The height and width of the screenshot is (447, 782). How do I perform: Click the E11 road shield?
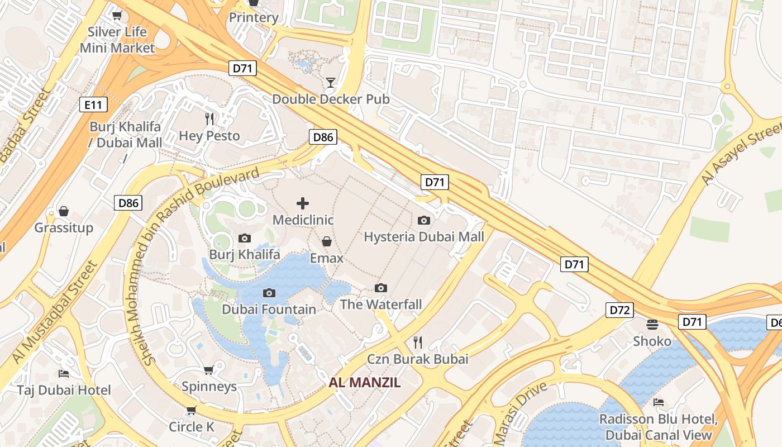(93, 104)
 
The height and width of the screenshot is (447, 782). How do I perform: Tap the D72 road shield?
(619, 310)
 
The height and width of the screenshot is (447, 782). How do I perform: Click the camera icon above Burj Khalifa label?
(244, 239)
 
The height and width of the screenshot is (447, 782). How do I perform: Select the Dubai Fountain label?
(269, 309)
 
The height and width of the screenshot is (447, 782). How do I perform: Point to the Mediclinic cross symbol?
(302, 203)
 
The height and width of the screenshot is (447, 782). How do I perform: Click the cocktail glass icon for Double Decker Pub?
(331, 83)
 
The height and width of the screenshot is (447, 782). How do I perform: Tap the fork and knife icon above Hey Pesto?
(209, 119)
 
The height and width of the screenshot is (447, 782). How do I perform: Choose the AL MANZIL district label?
(365, 383)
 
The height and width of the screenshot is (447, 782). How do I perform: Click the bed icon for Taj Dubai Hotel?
(64, 373)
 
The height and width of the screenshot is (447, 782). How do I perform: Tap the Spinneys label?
(209, 386)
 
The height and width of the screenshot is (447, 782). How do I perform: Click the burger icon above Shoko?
(652, 324)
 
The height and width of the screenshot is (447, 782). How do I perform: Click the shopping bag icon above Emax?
(327, 241)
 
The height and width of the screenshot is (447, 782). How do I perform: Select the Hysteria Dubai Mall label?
(424, 236)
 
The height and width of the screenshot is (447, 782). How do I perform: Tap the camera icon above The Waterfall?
(381, 288)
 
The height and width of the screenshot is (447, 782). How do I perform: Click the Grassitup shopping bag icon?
(64, 211)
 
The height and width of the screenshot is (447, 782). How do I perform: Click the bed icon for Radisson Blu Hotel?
(659, 402)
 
